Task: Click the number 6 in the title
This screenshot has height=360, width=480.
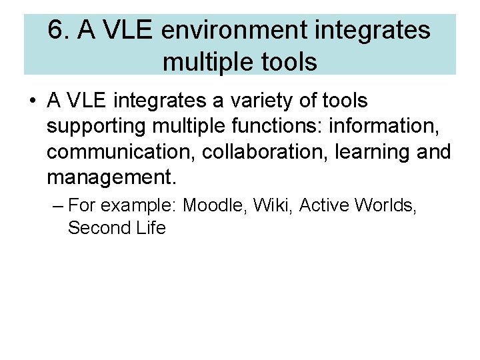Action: [x=56, y=31]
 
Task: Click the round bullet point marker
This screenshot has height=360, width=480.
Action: [x=32, y=101]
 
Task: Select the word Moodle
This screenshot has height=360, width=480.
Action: [x=214, y=205]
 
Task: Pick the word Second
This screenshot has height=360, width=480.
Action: [x=97, y=228]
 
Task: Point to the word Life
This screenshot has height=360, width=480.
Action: [x=149, y=228]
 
